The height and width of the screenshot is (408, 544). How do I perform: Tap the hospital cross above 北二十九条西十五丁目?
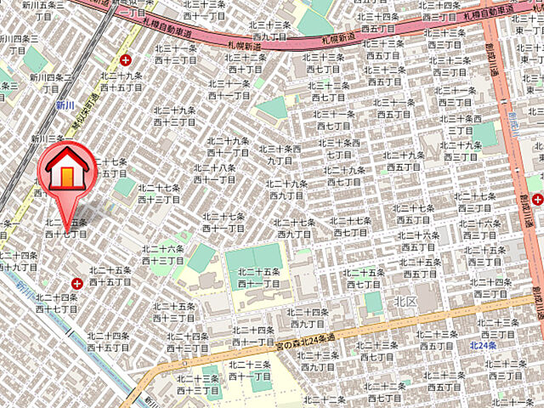click(126, 60)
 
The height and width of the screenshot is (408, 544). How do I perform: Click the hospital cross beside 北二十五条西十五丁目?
click(77, 283)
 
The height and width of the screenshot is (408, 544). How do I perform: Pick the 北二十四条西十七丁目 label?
click(57, 303)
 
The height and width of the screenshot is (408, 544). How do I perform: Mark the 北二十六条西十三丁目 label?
click(164, 255)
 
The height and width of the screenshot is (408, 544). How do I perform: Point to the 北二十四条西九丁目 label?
click(308, 318)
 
